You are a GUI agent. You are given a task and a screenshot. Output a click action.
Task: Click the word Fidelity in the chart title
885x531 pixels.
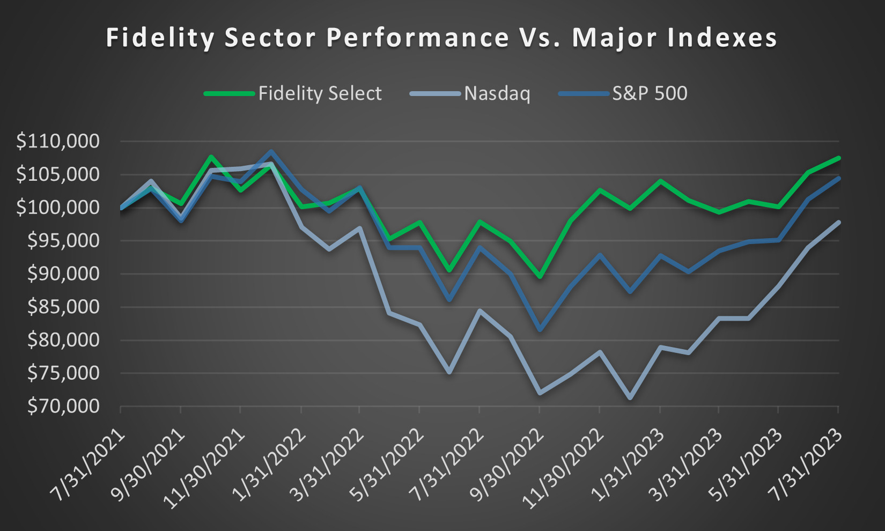click(x=160, y=38)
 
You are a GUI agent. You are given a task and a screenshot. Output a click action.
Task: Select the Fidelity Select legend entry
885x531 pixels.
click(x=320, y=93)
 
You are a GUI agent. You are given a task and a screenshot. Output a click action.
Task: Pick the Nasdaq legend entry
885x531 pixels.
click(x=497, y=93)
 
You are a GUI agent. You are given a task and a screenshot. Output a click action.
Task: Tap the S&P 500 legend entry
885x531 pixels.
click(x=649, y=93)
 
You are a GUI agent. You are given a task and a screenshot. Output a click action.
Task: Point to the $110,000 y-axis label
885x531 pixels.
click(x=58, y=142)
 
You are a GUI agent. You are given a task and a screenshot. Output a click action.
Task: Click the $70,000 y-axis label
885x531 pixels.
click(x=63, y=407)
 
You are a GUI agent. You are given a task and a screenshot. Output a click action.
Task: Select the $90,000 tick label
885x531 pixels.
click(x=63, y=274)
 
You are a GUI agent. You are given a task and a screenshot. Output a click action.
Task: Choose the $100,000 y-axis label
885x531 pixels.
click(x=58, y=208)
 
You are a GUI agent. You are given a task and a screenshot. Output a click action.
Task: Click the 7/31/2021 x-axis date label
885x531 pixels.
click(x=91, y=464)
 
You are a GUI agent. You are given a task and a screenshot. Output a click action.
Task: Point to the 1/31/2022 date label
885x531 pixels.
click(x=271, y=464)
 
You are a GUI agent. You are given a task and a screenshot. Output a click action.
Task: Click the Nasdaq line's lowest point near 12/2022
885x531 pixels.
click(x=630, y=398)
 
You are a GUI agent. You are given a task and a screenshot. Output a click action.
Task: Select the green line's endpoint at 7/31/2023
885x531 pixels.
click(x=838, y=158)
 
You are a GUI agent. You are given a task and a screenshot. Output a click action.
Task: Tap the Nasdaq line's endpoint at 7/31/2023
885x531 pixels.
click(x=838, y=222)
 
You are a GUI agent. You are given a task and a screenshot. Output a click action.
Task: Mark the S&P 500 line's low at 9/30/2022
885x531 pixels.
click(x=540, y=330)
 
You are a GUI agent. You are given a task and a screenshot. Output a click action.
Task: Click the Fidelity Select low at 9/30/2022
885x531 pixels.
click(x=540, y=277)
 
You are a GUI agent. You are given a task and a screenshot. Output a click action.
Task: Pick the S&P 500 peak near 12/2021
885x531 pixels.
click(x=271, y=152)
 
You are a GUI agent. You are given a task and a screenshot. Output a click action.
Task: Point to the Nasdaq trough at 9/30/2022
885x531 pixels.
click(x=540, y=393)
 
